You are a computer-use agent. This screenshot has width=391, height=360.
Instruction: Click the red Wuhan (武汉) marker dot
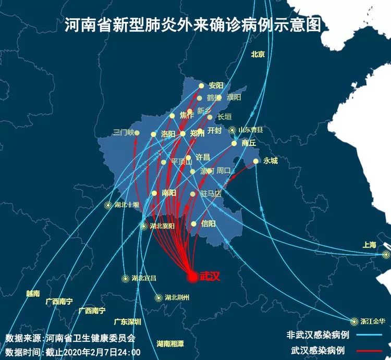192,277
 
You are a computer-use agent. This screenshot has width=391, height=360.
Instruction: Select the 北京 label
258,54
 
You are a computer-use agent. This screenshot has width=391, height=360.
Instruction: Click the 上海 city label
369,245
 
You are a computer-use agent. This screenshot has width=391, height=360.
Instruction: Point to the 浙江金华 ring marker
355,321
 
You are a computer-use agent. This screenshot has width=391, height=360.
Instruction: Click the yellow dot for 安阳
202,85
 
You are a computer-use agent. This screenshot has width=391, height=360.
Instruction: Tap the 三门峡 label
124,132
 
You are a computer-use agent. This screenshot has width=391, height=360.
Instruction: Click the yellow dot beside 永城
256,161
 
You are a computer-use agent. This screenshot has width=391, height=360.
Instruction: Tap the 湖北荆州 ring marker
158,298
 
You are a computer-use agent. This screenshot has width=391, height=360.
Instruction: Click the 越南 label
33,294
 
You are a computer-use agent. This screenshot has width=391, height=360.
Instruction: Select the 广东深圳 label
128,322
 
